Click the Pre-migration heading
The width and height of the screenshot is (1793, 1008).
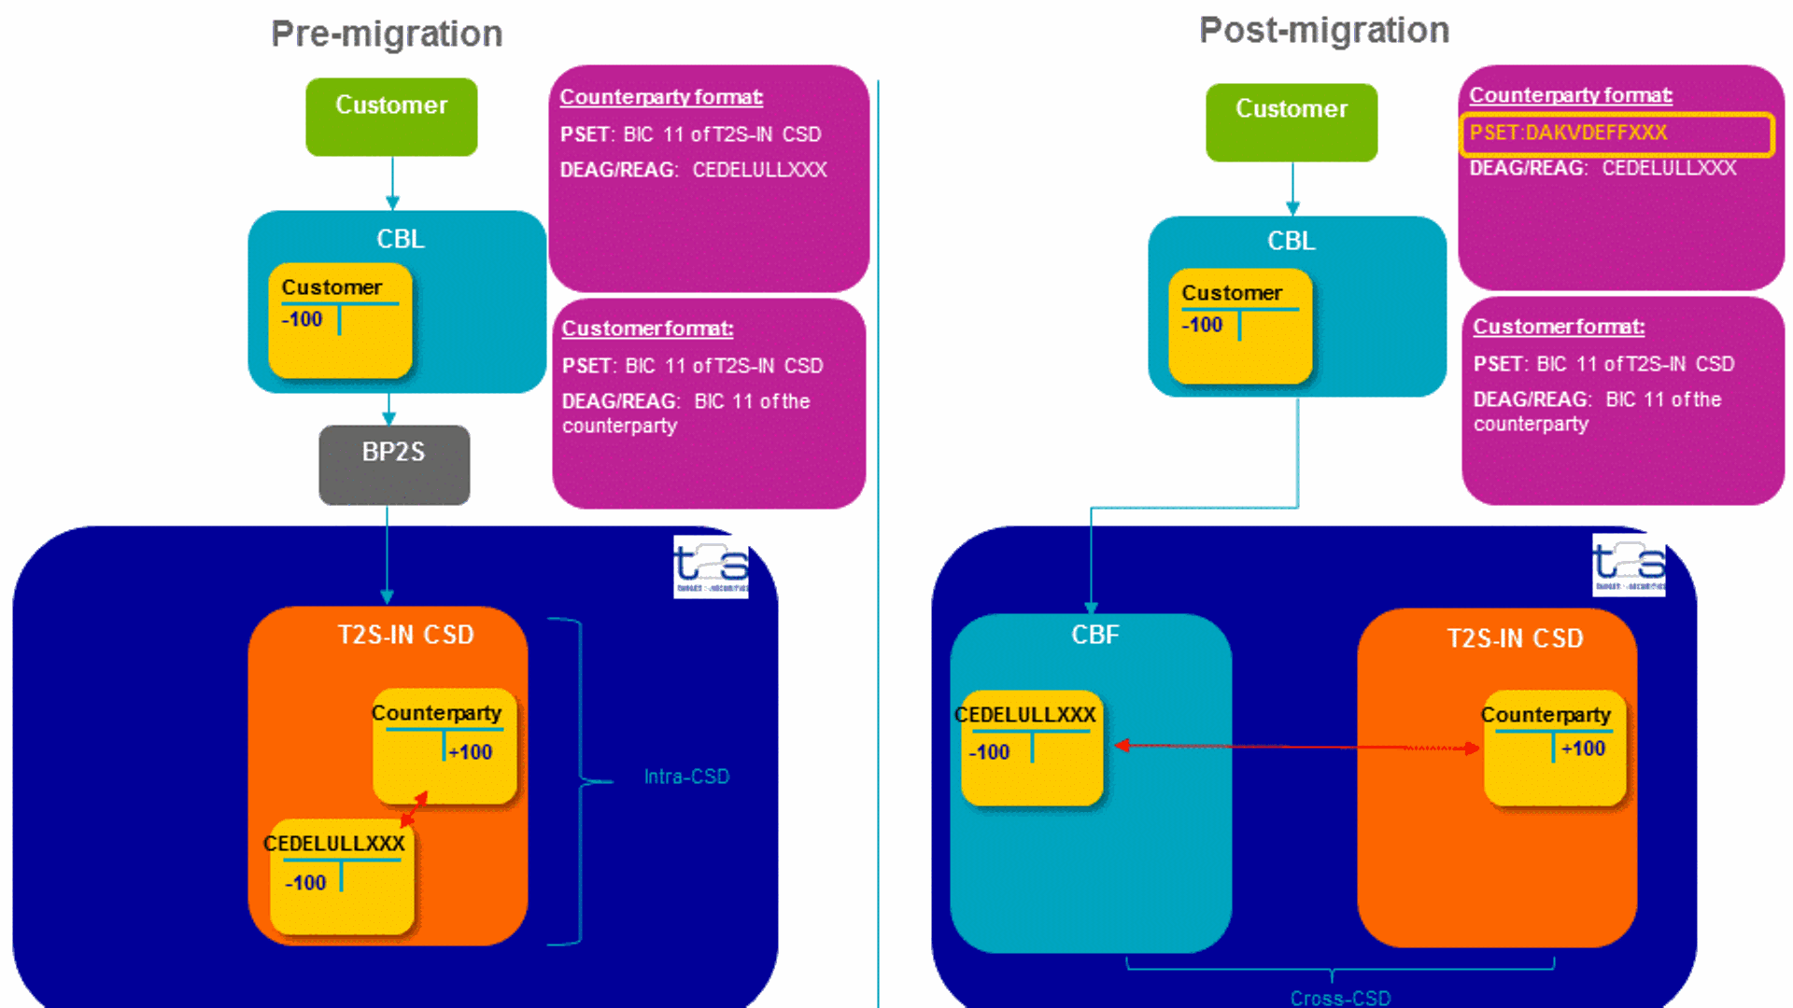point(387,35)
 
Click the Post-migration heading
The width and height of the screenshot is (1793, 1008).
point(1323,31)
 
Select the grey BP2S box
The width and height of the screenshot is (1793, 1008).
point(394,464)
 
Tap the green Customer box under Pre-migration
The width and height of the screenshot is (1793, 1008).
point(391,116)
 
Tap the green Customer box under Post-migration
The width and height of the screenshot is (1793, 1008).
point(1292,121)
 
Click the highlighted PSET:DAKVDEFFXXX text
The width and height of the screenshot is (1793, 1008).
point(1569,133)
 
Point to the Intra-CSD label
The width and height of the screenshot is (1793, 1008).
point(686,777)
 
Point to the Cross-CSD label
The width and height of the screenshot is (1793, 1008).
point(1340,998)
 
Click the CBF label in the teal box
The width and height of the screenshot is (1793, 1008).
point(1094,636)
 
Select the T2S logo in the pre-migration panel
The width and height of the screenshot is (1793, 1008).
point(711,567)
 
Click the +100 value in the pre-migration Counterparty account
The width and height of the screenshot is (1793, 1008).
point(470,752)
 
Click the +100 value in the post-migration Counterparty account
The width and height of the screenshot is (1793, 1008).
point(1583,749)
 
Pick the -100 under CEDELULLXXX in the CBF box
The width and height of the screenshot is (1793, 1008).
point(990,752)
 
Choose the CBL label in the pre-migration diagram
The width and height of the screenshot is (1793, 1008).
point(401,239)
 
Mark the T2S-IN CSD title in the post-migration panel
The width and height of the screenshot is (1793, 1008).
point(1515,638)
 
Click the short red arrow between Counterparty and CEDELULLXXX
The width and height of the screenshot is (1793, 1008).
point(414,809)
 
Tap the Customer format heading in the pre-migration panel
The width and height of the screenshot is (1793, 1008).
point(647,329)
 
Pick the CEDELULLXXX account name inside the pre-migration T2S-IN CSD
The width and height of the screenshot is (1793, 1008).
point(334,844)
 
